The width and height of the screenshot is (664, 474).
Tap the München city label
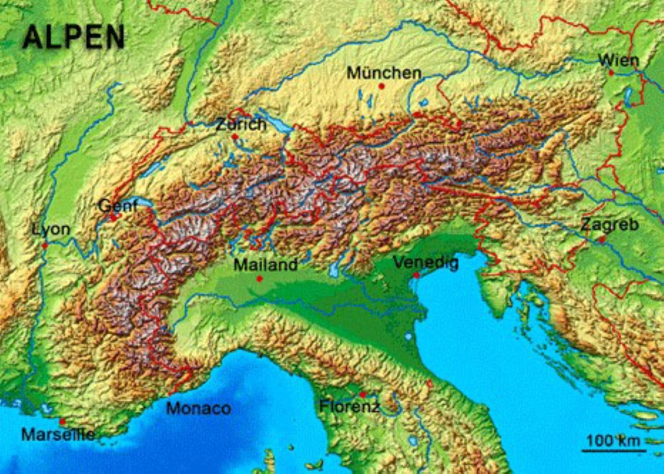[384, 73]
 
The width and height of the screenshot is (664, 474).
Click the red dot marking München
[382, 86]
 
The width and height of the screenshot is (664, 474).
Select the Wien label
[618, 60]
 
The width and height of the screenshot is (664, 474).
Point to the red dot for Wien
[611, 72]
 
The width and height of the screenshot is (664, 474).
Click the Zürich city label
[241, 124]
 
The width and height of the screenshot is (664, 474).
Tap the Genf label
[118, 206]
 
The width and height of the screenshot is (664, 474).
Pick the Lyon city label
[51, 229]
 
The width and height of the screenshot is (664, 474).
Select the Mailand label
[266, 265]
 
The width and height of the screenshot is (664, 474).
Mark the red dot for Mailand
[259, 278]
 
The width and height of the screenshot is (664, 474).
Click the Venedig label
[426, 262]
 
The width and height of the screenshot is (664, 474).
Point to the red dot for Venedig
[417, 275]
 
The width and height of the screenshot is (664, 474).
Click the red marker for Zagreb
[602, 239]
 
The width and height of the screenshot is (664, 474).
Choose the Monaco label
[198, 408]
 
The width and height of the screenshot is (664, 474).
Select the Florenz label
[349, 406]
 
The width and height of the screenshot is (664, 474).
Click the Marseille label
[58, 434]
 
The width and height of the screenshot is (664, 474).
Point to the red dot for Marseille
[62, 421]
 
